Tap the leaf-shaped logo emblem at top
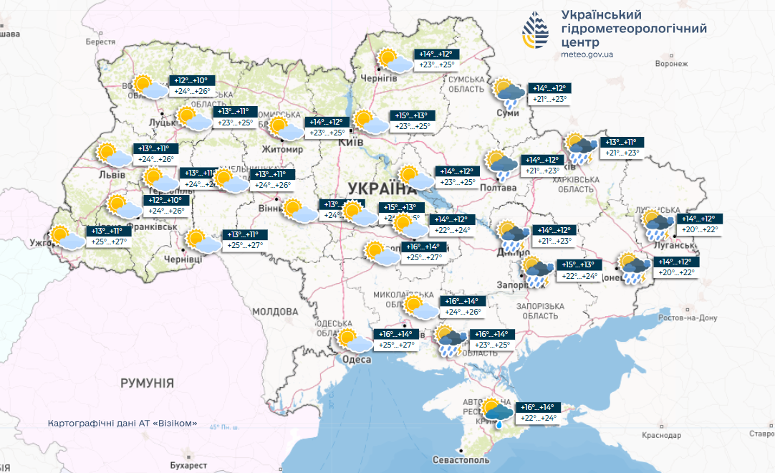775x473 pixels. click(538, 31)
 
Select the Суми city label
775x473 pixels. click(508, 113)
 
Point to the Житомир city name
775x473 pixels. click(286, 149)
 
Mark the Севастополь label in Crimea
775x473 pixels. click(461, 459)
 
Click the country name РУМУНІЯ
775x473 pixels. click(147, 383)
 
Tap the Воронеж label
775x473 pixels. click(671, 64)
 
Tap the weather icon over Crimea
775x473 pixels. click(497, 411)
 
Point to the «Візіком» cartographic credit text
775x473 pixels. click(122, 424)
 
